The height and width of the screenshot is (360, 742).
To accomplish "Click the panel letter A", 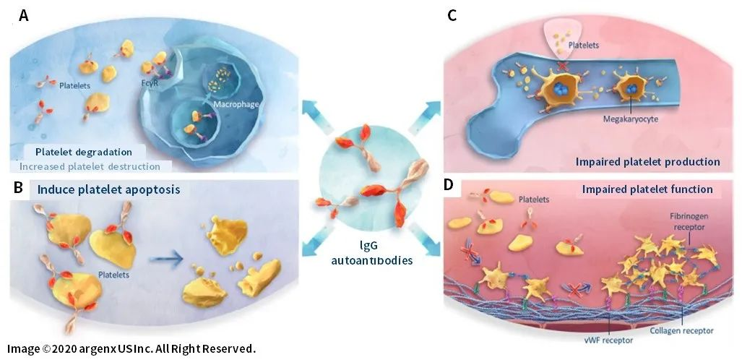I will click(24, 16).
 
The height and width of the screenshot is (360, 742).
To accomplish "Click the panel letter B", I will click(20, 189).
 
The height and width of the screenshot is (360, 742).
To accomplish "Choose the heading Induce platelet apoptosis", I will click(100, 191).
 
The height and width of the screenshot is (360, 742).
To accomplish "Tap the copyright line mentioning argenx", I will click(131, 348).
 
